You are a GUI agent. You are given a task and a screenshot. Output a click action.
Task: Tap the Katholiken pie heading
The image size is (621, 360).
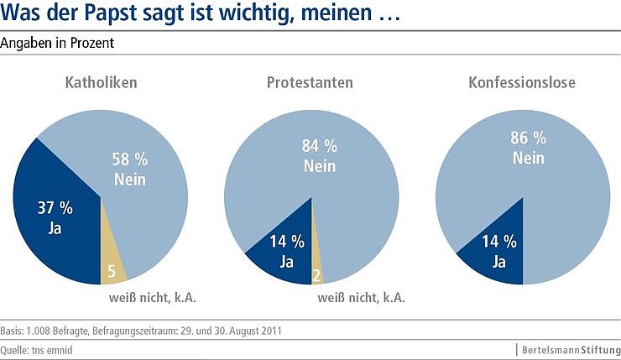click(x=102, y=83)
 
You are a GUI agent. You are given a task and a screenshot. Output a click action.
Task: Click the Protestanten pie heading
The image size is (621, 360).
click(x=310, y=83)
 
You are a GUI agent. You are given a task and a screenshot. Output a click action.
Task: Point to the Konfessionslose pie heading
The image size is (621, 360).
click(x=522, y=83)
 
